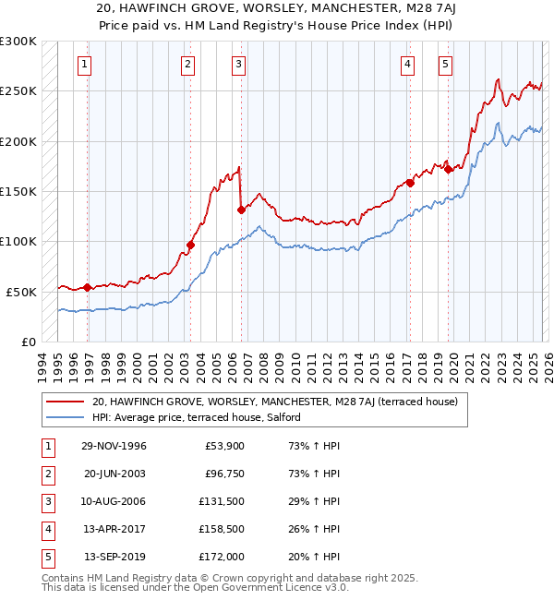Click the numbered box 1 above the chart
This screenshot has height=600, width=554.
(84, 64)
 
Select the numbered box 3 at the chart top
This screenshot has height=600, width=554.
(238, 64)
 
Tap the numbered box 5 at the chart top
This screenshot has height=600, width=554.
(445, 64)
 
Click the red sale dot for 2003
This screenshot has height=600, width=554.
(191, 245)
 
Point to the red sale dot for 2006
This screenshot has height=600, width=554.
(241, 210)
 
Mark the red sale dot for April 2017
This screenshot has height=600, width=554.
(410, 183)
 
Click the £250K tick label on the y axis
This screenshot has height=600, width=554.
(18, 91)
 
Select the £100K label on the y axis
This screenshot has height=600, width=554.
(18, 242)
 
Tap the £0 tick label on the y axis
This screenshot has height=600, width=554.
(27, 342)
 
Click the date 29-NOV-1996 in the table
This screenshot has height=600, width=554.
(114, 447)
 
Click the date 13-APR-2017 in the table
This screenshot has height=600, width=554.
(114, 530)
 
